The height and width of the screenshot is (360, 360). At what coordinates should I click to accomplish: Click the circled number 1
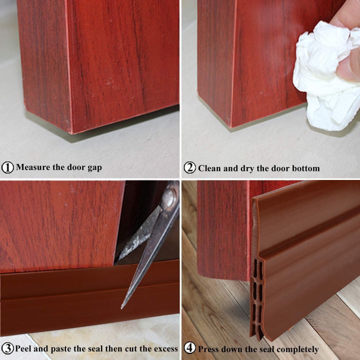pyautogui.click(x=8, y=167)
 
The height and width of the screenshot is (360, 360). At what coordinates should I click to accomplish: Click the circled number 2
pyautogui.click(x=189, y=168)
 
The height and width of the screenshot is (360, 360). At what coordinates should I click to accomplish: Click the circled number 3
pyautogui.click(x=7, y=348)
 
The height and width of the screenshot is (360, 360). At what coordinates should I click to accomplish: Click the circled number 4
pyautogui.click(x=189, y=348)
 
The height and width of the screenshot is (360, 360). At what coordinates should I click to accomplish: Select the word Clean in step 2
pyautogui.click(x=210, y=168)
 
